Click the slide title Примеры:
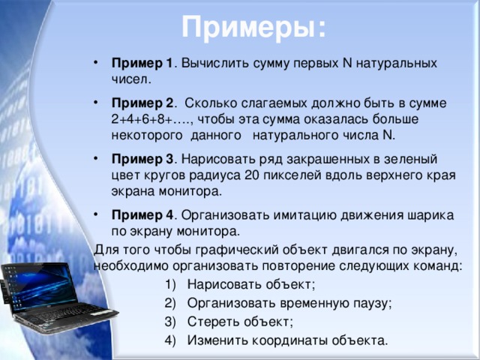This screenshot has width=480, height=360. click(x=253, y=28)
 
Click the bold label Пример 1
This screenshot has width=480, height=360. click(x=142, y=63)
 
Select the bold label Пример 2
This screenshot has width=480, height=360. click(x=142, y=103)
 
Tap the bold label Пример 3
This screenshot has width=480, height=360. click(x=142, y=159)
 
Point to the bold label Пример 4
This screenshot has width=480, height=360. click(x=142, y=215)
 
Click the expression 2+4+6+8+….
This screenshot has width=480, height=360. click(x=151, y=119)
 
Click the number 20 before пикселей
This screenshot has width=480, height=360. click(x=252, y=175)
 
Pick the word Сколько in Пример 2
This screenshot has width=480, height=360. click(x=210, y=103)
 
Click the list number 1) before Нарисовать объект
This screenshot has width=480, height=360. click(x=170, y=285)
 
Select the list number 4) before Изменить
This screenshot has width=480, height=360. click(x=170, y=340)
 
